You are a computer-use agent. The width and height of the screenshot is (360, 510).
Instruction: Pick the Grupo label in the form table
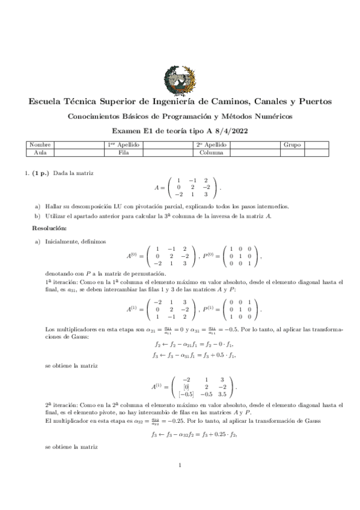tap(293, 145)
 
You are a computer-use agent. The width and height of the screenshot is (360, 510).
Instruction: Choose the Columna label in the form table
tap(210, 153)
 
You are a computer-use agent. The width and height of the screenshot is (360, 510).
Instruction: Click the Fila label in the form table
tap(124, 153)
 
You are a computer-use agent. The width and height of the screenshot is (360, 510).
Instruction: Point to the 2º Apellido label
tap(210, 145)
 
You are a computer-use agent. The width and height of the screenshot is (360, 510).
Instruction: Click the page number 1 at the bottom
tap(180, 482)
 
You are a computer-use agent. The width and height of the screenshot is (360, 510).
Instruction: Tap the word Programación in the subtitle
tap(180, 116)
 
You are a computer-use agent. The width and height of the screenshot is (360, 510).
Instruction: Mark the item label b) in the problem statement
tap(37, 216)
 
